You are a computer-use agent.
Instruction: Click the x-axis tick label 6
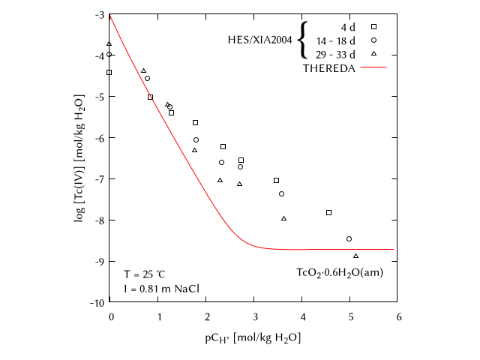[x=398, y=316]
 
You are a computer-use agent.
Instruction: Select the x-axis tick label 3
[x=254, y=316]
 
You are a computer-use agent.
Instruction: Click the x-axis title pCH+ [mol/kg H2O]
[x=253, y=337]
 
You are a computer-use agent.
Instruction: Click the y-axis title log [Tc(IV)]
[x=79, y=158]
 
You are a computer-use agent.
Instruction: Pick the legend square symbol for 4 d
[x=373, y=26]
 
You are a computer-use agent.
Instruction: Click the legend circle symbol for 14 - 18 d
[x=373, y=40]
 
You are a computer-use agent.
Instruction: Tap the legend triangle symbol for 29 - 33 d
[x=373, y=53]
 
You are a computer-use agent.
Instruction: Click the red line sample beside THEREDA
[x=373, y=67]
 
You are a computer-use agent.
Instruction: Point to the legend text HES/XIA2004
[x=259, y=40]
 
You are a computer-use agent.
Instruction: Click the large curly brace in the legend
[x=302, y=40]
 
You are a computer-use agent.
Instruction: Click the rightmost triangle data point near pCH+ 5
[x=355, y=256]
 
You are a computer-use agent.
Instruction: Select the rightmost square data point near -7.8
[x=328, y=212]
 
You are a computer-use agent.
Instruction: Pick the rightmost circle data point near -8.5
[x=349, y=238]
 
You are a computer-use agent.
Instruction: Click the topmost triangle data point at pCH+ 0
[x=109, y=44]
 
